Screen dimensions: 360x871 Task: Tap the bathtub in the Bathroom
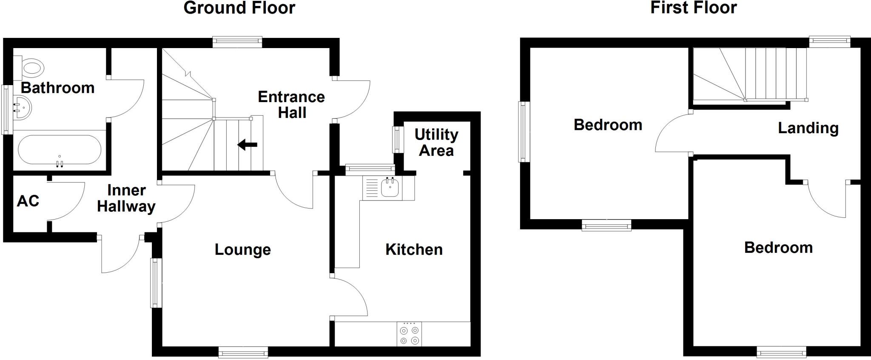point(60,150)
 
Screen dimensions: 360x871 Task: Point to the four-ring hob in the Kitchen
point(410,334)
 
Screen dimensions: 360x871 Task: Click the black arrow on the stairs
point(247,145)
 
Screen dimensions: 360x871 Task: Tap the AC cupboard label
point(28,201)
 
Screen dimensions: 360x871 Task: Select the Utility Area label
point(436,143)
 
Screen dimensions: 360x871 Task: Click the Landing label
point(808,128)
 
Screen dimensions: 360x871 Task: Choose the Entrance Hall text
point(292,105)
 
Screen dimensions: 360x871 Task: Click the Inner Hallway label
point(126,198)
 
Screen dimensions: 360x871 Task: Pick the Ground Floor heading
point(239,8)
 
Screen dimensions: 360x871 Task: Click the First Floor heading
point(693,8)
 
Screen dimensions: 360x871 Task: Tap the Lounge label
point(242,250)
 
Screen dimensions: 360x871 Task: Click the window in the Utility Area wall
point(396,139)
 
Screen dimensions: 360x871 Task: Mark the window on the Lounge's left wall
point(156,283)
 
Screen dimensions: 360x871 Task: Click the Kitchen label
point(414,250)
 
